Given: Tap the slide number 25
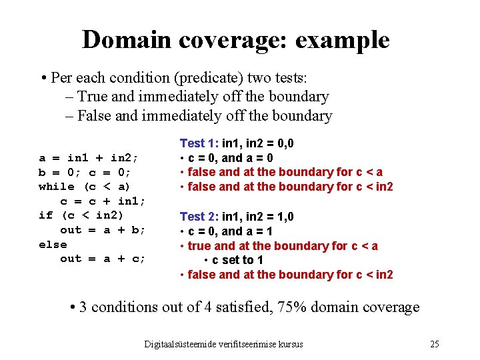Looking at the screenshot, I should (x=435, y=344).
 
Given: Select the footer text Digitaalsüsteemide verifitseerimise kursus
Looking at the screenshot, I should (x=223, y=344).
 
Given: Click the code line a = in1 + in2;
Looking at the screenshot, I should (x=89, y=158).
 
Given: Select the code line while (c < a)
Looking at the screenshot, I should (x=85, y=187).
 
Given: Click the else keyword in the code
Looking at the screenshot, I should (x=53, y=244).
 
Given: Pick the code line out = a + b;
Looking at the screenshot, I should (x=103, y=230).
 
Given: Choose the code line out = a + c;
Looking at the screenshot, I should (x=103, y=259).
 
